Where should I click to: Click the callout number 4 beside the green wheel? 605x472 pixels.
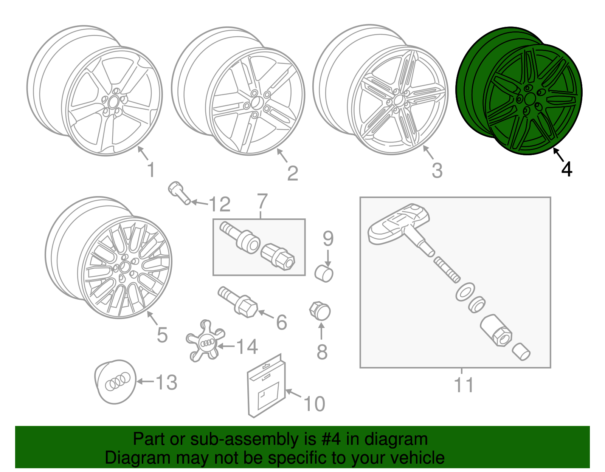(x=566, y=169)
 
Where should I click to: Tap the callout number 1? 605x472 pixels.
(x=151, y=170)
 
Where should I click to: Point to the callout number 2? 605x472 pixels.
(x=293, y=173)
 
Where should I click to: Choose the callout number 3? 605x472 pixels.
(x=437, y=171)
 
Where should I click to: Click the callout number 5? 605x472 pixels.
(x=162, y=335)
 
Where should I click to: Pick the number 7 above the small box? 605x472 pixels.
(x=262, y=202)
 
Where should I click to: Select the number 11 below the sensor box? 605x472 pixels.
(x=464, y=385)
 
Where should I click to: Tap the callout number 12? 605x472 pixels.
(x=219, y=204)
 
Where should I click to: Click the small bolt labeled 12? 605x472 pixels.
(x=179, y=193)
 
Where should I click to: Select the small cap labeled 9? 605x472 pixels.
(x=324, y=274)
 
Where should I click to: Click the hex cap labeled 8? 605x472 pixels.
(x=320, y=311)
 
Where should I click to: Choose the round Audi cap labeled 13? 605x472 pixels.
(x=115, y=382)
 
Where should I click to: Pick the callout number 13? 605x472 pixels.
(x=166, y=382)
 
